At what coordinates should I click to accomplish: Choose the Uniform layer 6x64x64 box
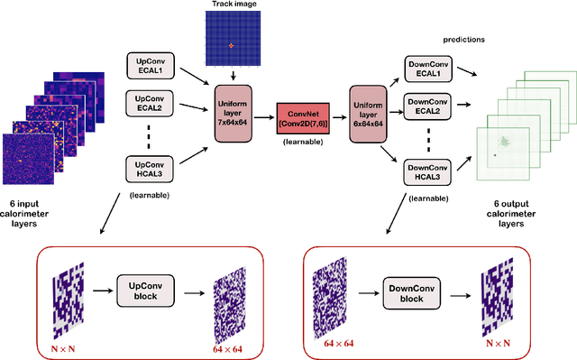pyautogui.click(x=372, y=115)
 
